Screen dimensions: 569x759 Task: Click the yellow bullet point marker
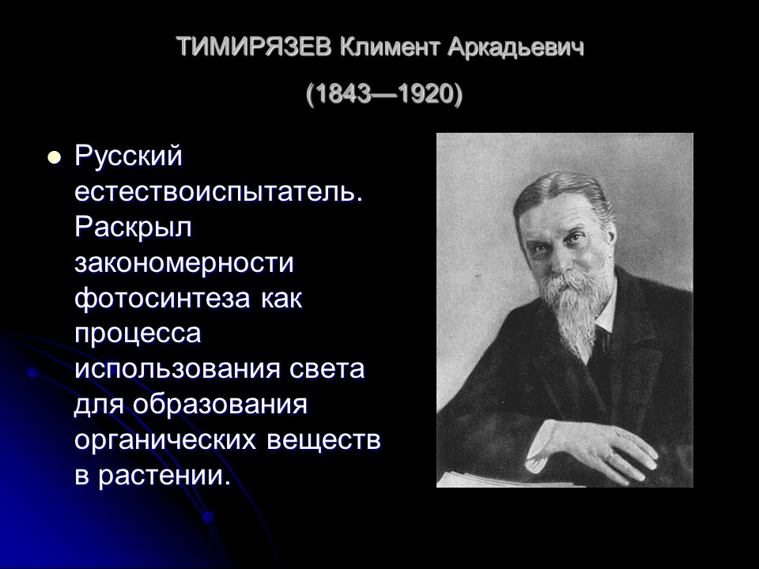coord(54,156)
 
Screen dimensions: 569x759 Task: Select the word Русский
coord(129,156)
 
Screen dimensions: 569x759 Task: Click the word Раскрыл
coord(134,228)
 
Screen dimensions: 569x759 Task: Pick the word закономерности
coord(184,263)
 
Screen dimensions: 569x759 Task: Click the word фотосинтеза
coord(164,299)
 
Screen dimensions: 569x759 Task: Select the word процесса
coord(138,334)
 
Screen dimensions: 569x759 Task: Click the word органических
coord(167,441)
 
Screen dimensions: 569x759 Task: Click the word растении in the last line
coord(167,477)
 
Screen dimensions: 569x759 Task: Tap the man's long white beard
coord(573,308)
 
